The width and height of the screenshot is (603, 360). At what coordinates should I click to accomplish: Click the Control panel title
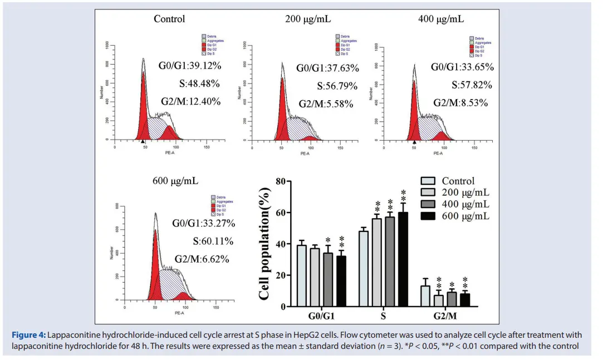point(169,19)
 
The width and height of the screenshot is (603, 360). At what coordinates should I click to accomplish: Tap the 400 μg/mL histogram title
point(441,19)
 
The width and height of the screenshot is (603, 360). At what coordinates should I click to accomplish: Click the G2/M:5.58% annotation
point(325,104)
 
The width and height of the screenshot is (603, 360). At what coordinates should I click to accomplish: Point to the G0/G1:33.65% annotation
point(462,67)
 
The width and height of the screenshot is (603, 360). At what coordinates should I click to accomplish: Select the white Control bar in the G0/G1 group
point(302,277)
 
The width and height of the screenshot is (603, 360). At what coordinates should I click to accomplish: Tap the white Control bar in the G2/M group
point(425,296)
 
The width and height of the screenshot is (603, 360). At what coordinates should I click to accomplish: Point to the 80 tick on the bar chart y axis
point(281,181)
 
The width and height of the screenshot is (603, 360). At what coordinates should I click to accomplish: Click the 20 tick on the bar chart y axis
point(281,275)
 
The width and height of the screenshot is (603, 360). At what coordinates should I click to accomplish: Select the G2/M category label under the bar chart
point(445,317)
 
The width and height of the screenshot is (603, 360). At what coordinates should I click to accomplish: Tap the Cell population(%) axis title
point(265,244)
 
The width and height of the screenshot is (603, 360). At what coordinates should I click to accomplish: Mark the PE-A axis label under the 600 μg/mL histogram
point(179,313)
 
